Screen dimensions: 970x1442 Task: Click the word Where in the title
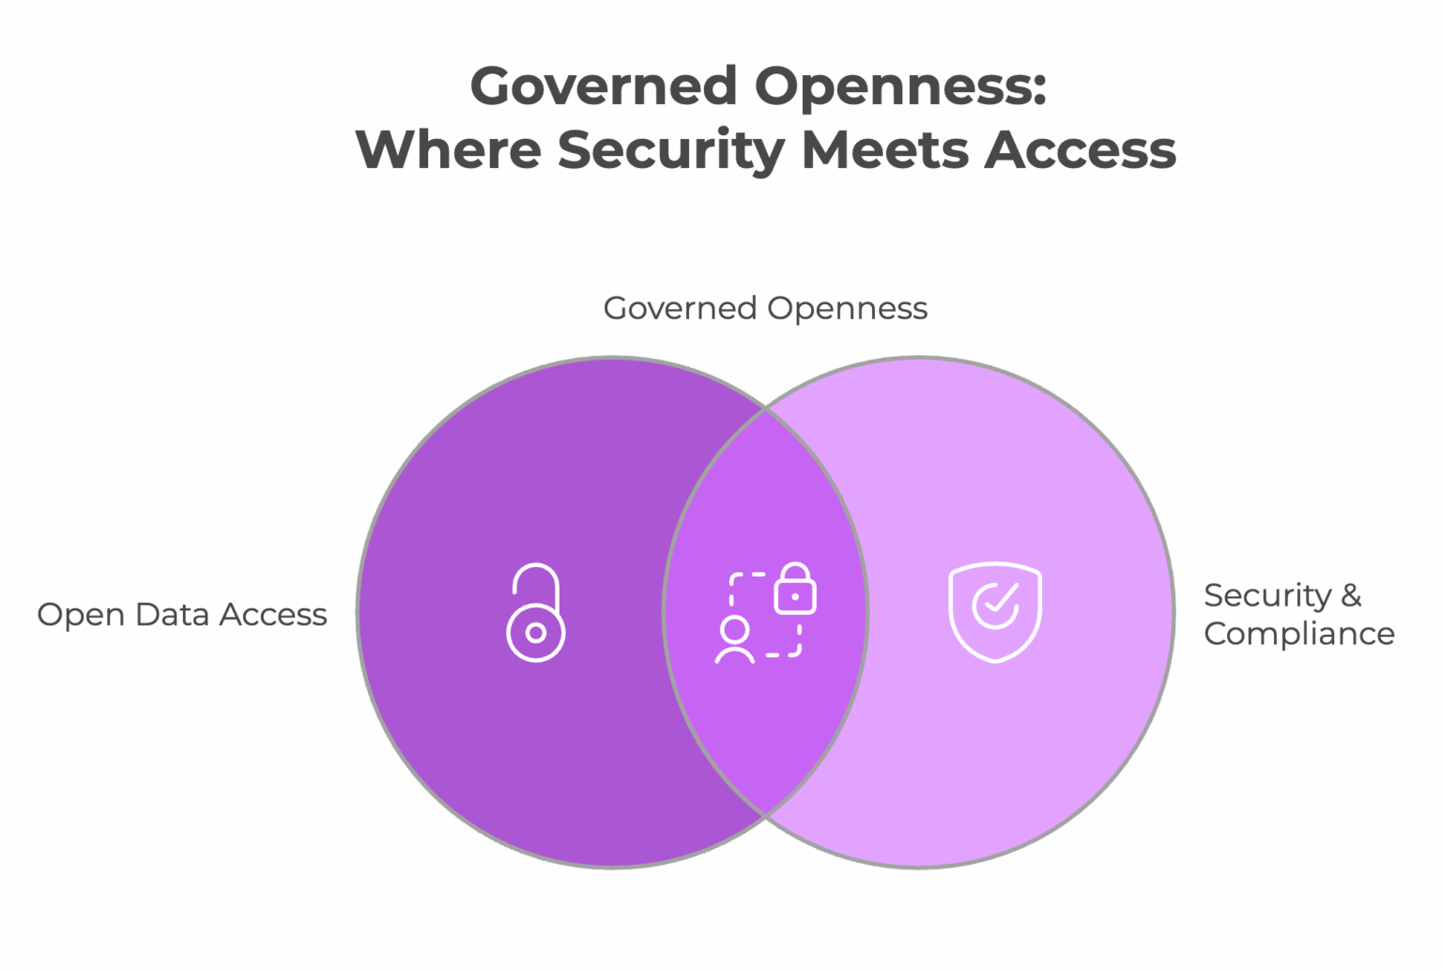tap(448, 150)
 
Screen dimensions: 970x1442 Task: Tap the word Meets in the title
tap(883, 150)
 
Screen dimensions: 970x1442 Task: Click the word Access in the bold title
tap(1080, 150)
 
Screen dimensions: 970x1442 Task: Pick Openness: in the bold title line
tap(900, 86)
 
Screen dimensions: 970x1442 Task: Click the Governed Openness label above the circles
tap(765, 308)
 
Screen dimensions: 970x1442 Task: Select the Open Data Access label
tap(182, 615)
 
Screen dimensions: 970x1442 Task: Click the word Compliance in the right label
tap(1299, 634)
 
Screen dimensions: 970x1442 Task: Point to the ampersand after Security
tap(1351, 595)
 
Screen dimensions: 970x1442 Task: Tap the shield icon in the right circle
tap(995, 612)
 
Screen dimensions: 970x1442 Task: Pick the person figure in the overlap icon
tap(734, 641)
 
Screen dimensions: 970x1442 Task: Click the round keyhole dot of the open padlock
tap(535, 633)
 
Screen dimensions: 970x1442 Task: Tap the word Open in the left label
tap(81, 616)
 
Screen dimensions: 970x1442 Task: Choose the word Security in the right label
tap(1266, 595)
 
